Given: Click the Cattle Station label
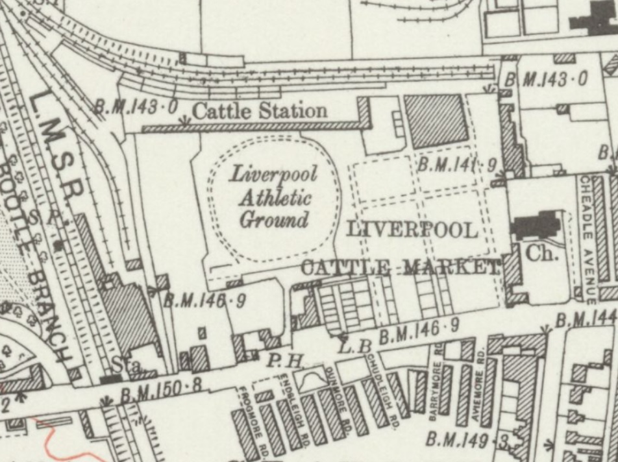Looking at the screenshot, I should tap(260, 111).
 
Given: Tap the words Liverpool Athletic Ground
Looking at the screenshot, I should tap(273, 197).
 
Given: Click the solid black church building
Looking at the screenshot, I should tap(536, 226).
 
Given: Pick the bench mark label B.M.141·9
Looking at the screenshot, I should tap(456, 165).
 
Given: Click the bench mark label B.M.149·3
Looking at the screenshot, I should tap(467, 441).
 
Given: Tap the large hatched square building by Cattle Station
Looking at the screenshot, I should tap(436, 120).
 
